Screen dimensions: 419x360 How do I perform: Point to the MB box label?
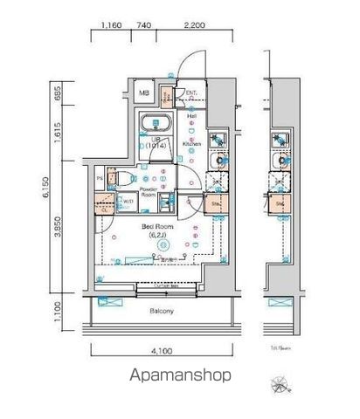[146, 92]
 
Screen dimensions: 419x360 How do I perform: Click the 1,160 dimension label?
[110, 26]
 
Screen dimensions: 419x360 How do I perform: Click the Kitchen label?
[192, 142]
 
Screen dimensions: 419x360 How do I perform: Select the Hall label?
[190, 113]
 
